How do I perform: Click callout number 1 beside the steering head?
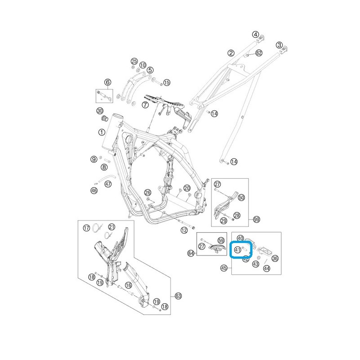(x=102, y=132)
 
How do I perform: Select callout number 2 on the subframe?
(x=231, y=53)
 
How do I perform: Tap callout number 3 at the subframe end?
(x=279, y=45)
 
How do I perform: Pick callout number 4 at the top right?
(x=256, y=35)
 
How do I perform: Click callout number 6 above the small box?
(x=108, y=82)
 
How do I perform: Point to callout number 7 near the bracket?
(x=145, y=105)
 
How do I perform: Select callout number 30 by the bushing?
(x=99, y=111)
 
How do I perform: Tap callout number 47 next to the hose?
(x=108, y=184)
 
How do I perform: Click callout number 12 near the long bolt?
(x=184, y=230)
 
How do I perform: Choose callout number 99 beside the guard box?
(x=256, y=220)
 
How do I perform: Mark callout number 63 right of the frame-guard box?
(x=178, y=296)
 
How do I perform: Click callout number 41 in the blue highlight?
(x=238, y=250)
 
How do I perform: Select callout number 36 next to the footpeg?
(x=275, y=258)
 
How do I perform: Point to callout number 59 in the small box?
(x=221, y=240)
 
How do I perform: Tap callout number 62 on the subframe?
(x=259, y=53)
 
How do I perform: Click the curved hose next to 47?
(x=108, y=177)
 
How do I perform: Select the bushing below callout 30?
(x=105, y=119)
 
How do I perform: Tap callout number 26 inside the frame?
(x=148, y=193)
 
